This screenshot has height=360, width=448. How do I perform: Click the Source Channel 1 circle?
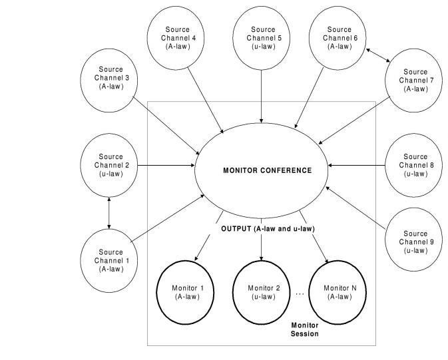(111, 260)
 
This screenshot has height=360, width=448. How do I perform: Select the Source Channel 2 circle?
(109, 164)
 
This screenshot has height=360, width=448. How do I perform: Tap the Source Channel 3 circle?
(109, 77)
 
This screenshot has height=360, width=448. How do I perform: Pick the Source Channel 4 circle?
(177, 37)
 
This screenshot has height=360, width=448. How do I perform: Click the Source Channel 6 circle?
(339, 37)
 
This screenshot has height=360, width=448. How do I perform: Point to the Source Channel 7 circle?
(415, 80)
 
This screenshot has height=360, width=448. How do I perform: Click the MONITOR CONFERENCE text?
(267, 170)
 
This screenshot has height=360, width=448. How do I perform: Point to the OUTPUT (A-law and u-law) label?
(268, 229)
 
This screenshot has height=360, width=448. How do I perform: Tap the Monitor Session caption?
(305, 329)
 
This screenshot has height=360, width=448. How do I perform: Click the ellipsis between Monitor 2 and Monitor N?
(300, 293)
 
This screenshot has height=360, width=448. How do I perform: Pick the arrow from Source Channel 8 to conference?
(356, 165)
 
